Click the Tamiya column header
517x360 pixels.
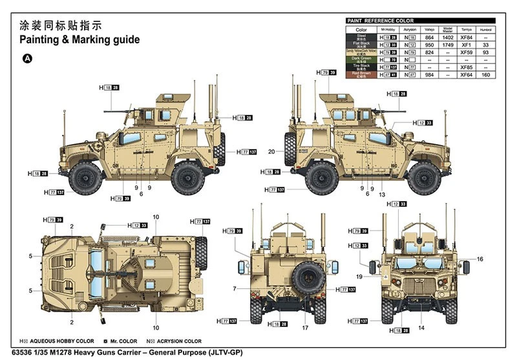tap(467, 30)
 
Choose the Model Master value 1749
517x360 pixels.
tap(447, 45)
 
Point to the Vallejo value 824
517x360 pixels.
tap(428, 52)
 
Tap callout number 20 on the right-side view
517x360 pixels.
tap(272, 152)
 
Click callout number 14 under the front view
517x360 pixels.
tap(422, 327)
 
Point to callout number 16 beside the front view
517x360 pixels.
tap(479, 259)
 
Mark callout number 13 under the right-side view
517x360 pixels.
tap(382, 195)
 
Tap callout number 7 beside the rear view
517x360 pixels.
tap(234, 288)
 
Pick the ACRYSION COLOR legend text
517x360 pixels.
tap(178, 341)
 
